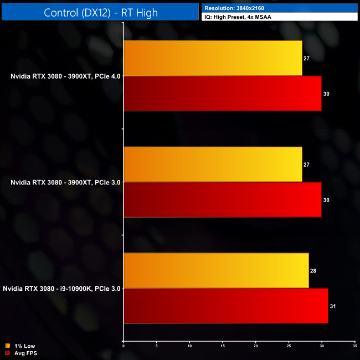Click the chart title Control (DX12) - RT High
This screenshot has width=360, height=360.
99,12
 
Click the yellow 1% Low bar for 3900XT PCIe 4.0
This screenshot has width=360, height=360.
213,58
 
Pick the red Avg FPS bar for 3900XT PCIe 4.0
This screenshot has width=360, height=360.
222,94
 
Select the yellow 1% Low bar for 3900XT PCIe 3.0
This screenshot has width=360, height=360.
213,164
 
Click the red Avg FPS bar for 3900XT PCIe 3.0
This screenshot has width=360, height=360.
222,199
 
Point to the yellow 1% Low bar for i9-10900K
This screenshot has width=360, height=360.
216,270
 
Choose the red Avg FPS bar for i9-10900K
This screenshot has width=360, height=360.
225,306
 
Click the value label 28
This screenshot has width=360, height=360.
313,270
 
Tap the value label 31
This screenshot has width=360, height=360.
333,306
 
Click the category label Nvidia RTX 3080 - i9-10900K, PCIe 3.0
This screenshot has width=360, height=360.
62,289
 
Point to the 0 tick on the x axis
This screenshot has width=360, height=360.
123,346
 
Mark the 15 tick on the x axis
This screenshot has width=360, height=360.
223,346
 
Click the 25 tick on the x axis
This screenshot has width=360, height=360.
289,346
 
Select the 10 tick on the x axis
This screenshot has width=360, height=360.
189,346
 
